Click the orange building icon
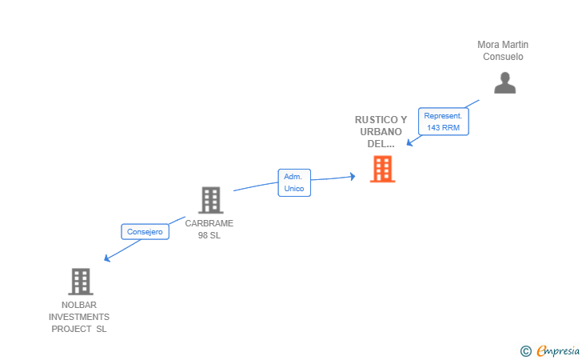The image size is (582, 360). [383, 169]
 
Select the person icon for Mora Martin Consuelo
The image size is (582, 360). [504, 83]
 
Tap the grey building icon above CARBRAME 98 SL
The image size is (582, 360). [211, 200]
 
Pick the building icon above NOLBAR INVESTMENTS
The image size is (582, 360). [81, 282]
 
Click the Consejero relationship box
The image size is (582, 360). [145, 232]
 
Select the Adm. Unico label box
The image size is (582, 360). [294, 182]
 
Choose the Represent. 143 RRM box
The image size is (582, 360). [444, 122]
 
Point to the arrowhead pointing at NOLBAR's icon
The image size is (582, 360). [107, 258]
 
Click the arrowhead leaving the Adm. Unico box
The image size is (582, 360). [353, 177]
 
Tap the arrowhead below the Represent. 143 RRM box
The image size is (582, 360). [410, 142]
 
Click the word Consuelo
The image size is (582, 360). [503, 57]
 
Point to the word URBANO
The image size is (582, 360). [381, 131]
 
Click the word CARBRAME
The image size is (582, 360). [209, 223]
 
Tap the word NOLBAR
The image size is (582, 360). [79, 305]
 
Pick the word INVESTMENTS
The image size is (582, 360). [79, 317]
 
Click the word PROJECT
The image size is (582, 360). [71, 329]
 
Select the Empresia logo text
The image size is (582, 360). [558, 350]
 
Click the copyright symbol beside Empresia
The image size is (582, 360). [525, 351]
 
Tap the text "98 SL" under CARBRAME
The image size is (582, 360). [209, 235]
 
